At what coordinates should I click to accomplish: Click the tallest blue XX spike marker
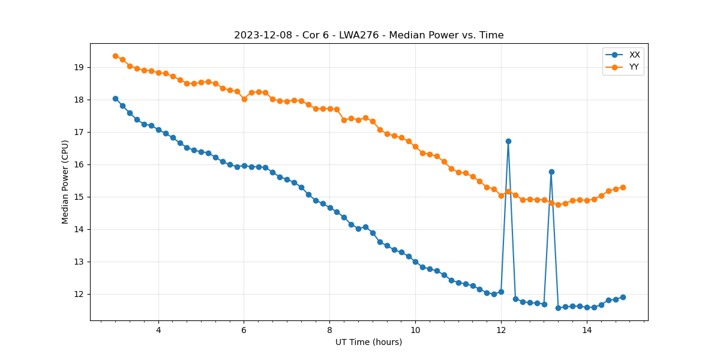point(508,141)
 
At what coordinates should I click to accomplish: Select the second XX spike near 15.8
point(551,172)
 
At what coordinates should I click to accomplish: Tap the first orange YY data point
point(115,56)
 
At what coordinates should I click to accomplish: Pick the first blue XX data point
point(115,98)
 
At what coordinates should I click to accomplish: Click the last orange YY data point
point(623,187)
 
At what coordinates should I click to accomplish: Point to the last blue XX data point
point(623,297)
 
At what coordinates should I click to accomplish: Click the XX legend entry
point(634,55)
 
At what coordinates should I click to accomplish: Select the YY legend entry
point(634,67)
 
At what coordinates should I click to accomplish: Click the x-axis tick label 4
point(158,330)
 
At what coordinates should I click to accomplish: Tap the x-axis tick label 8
point(329,330)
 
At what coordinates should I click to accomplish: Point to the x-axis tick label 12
point(501,330)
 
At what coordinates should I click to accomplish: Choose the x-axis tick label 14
point(587,330)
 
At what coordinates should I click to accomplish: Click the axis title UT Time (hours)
point(368,342)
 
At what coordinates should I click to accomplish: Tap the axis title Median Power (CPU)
point(65,182)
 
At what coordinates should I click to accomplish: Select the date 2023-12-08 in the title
point(261,35)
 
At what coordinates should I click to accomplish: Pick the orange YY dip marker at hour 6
point(244,99)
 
